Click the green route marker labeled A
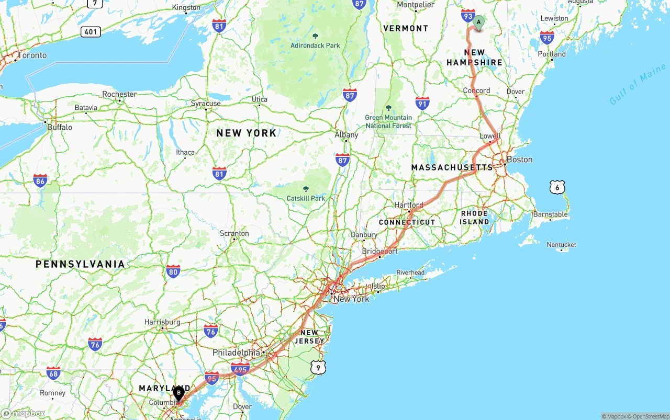click(478, 22)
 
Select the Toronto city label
click(32, 55)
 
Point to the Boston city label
click(519, 160)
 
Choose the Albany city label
click(347, 135)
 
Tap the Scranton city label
click(234, 233)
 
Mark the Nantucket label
click(561, 245)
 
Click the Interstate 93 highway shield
click(468, 16)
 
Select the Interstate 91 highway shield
click(422, 103)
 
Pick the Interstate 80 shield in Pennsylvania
click(173, 271)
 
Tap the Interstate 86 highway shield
click(40, 181)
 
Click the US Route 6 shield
click(557, 187)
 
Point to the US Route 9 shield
click(318, 368)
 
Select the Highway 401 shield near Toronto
click(91, 32)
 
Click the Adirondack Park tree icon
click(315, 36)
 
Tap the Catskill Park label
click(306, 198)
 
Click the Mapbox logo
click(23, 413)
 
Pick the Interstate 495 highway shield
click(240, 369)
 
